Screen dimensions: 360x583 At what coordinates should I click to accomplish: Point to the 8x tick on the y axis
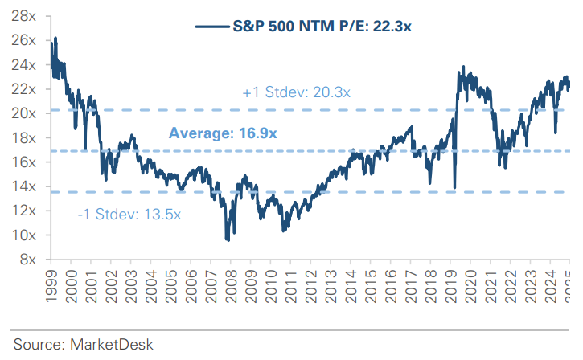[30, 260]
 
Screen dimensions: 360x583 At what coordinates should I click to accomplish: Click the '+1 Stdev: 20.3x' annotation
[296, 92]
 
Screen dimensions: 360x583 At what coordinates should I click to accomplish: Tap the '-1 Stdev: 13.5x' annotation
[129, 215]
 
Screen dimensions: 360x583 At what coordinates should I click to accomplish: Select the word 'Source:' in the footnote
[38, 344]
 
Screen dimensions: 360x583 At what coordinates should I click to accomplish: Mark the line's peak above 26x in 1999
[55, 38]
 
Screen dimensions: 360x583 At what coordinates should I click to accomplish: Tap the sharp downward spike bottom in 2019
[454, 187]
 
